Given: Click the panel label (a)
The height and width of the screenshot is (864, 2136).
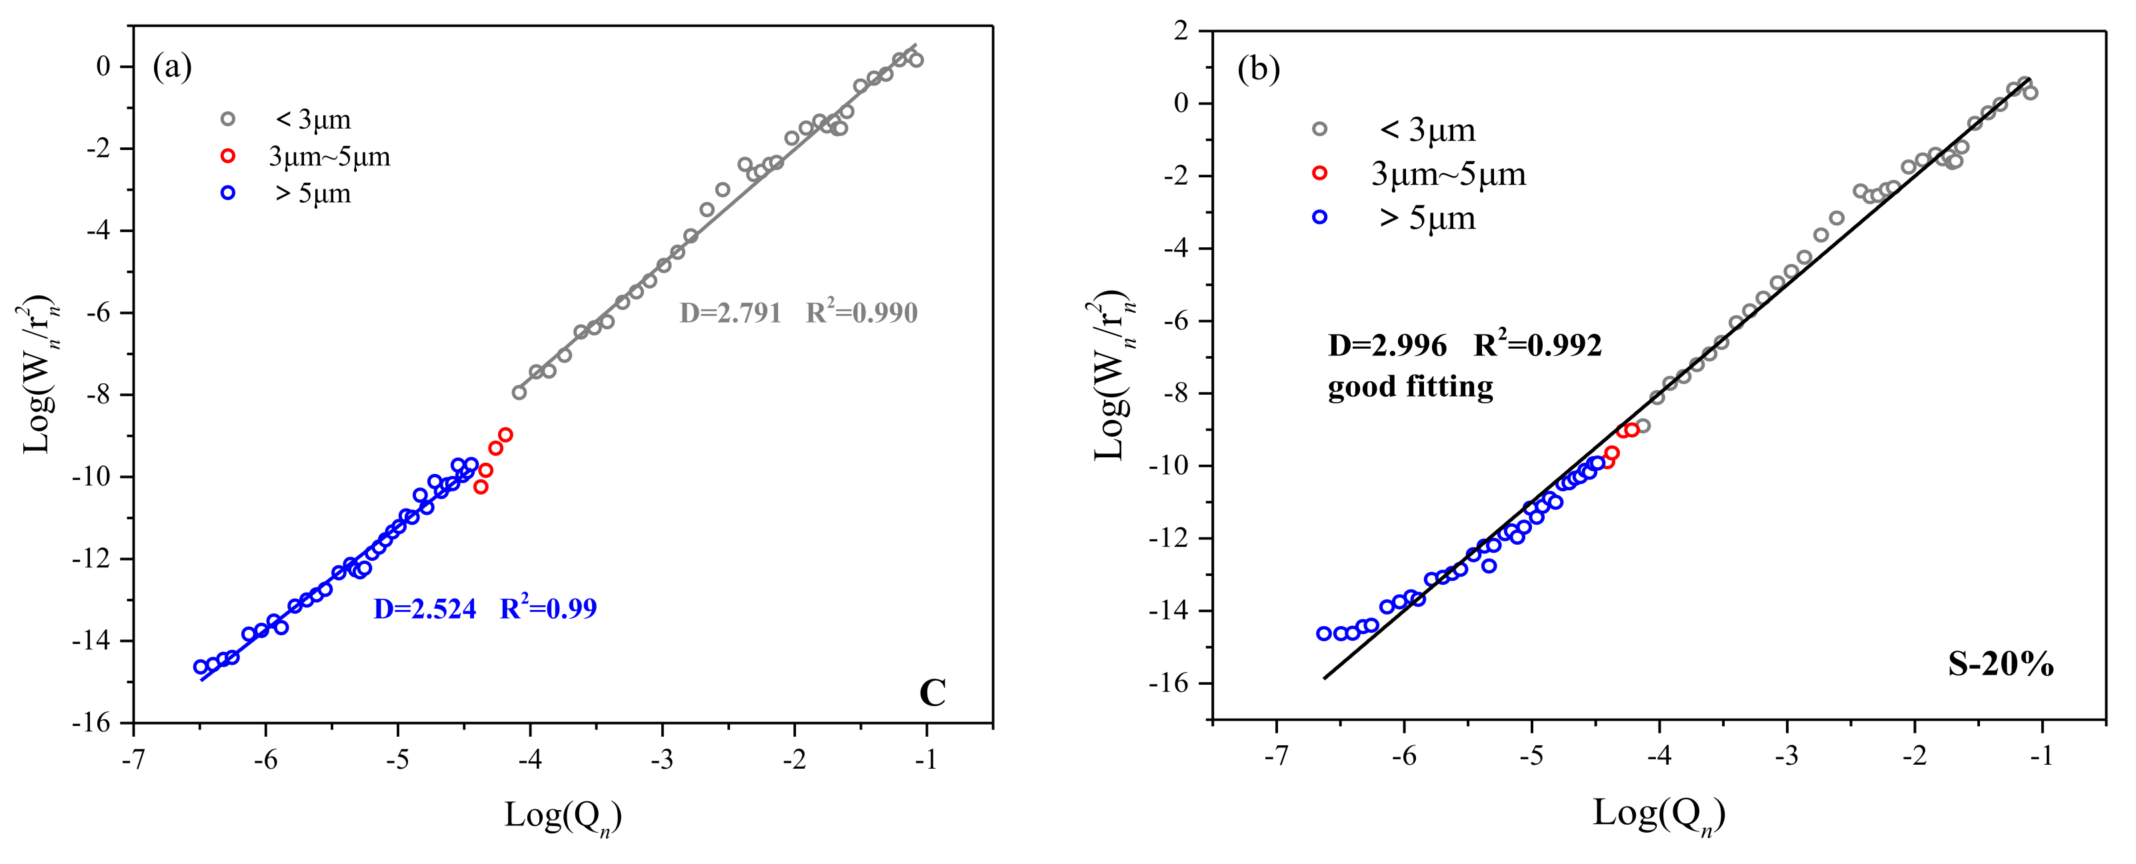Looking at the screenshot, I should pos(173,67).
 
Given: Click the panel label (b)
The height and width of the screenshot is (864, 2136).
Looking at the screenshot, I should pos(1258,69).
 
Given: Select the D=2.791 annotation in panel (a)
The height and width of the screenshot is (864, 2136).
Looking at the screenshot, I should pos(730,313).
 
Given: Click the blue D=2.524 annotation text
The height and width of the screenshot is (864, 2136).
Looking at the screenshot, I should pos(425,609).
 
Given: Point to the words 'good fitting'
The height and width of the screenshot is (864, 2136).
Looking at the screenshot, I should pos(1409,387).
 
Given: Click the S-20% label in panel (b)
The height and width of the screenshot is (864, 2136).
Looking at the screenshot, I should pos(2000,664).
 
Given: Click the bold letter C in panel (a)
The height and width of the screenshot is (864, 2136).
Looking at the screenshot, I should pos(932,693).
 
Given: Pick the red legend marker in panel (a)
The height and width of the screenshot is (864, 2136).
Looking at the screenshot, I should pos(228,156).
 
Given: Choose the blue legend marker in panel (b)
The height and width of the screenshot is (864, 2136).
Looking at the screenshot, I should pos(1319,217).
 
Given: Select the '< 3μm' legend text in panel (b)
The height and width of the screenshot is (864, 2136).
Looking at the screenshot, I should pos(1426,130).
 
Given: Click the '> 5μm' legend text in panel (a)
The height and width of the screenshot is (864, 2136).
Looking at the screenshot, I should pos(313,193).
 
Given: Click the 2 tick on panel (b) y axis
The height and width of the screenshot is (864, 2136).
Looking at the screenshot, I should pos(1181,31).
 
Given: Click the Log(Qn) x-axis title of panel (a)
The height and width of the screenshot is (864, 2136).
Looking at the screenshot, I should pos(562,816).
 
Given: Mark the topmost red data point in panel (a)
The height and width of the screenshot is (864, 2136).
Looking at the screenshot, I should pos(505,435).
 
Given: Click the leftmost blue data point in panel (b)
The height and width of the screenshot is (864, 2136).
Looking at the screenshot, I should pos(1323,633).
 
